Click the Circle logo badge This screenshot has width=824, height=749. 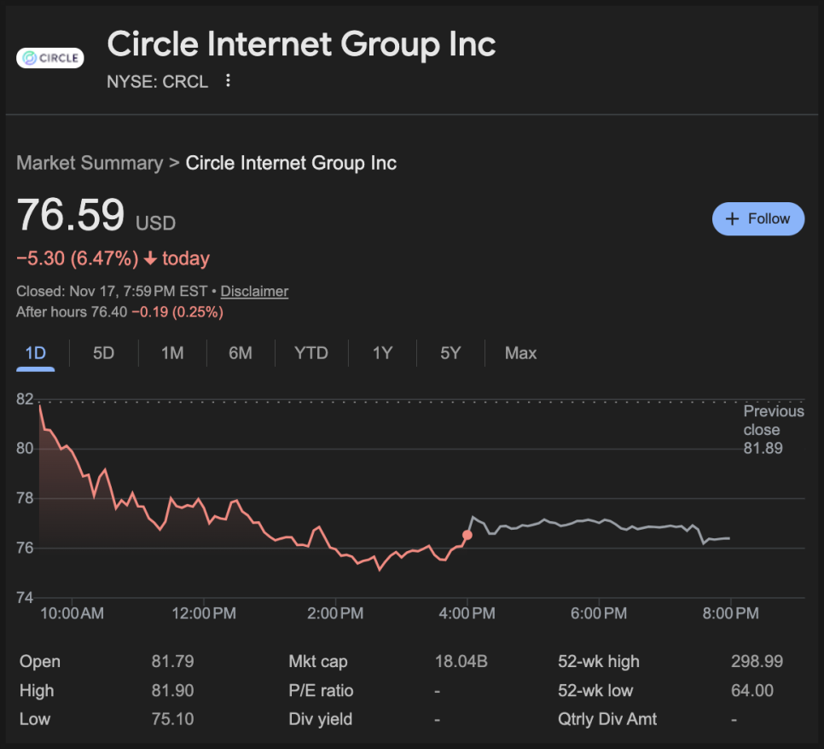click(50, 58)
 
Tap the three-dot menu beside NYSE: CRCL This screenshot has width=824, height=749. click(228, 81)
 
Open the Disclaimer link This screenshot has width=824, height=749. click(254, 292)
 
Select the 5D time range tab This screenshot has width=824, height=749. click(103, 353)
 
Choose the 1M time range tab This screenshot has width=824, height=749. click(172, 353)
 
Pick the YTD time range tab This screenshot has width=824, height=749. click(311, 353)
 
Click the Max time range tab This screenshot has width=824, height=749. click(520, 353)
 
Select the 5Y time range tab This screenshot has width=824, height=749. click(450, 353)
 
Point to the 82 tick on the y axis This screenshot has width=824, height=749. click(25, 399)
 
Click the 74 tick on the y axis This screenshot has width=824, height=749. click(25, 597)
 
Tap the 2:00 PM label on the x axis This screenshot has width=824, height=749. click(335, 613)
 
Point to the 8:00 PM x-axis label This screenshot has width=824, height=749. click(730, 613)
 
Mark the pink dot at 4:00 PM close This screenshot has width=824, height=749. click(467, 535)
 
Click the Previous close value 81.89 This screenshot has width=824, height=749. click(763, 449)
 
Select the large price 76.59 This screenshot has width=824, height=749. click(71, 215)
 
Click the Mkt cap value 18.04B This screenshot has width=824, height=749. click(461, 662)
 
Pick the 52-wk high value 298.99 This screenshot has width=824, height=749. click(757, 662)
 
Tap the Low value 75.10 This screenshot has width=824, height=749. click(172, 719)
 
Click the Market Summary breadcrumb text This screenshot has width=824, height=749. click(90, 163)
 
